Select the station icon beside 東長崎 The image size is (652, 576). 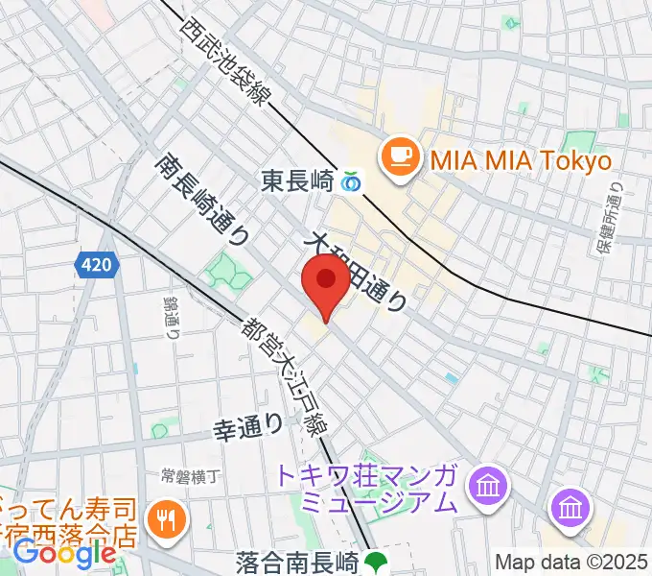pos(351,180)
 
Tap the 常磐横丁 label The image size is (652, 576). pos(192,475)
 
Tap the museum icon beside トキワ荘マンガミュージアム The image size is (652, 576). pos(489,486)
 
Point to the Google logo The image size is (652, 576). pos(64,553)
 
